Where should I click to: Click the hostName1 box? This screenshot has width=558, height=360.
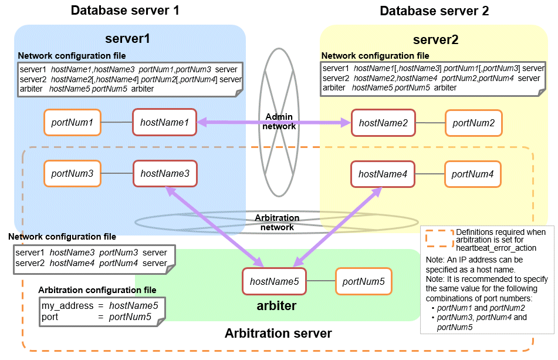(x=164, y=123)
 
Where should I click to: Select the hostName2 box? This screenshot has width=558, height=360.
(x=383, y=123)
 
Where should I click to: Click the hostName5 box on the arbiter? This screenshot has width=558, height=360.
(x=274, y=282)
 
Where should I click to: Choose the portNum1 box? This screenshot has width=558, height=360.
(x=72, y=123)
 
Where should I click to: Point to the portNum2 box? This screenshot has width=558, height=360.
(x=474, y=123)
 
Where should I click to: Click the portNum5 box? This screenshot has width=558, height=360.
(x=363, y=282)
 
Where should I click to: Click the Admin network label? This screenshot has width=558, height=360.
(x=279, y=121)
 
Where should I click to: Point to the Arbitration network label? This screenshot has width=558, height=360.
(x=277, y=223)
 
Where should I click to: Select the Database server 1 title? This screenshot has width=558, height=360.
(x=125, y=11)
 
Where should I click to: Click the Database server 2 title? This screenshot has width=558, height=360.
(x=434, y=11)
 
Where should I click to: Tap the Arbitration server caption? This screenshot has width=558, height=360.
(x=278, y=334)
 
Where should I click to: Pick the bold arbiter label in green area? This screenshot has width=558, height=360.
(x=276, y=305)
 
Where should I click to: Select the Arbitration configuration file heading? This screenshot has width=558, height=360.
(x=97, y=290)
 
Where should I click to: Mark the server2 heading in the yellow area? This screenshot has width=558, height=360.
(x=435, y=40)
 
